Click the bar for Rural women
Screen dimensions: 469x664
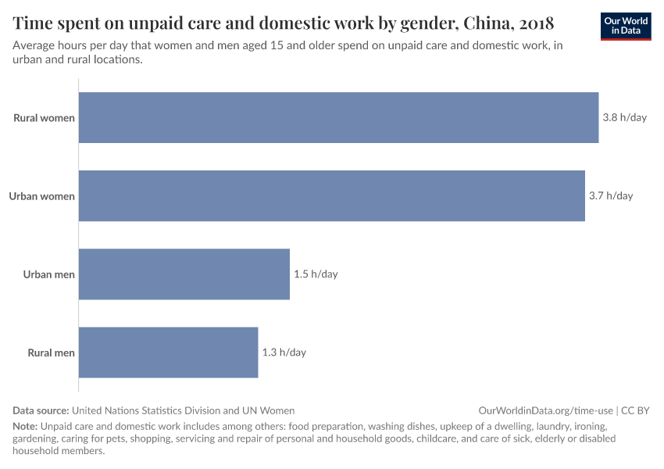tap(338, 118)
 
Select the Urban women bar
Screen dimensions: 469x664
tap(331, 196)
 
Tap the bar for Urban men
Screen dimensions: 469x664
tap(184, 274)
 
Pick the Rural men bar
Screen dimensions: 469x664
tap(168, 353)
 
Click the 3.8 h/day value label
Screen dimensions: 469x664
tap(624, 118)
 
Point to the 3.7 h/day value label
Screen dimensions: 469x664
tap(610, 196)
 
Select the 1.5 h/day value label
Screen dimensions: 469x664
tap(316, 274)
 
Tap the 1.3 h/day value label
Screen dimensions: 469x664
tap(284, 353)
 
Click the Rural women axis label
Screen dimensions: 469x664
tap(44, 118)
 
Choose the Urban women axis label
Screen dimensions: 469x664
tap(41, 196)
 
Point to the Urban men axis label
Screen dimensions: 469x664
tap(48, 274)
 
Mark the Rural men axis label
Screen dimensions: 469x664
tap(51, 353)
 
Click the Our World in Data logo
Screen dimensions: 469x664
tap(626, 26)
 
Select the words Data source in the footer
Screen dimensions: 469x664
tap(41, 410)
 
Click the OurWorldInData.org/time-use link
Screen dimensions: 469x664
tap(545, 410)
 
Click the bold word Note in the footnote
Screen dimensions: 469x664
tap(24, 427)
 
